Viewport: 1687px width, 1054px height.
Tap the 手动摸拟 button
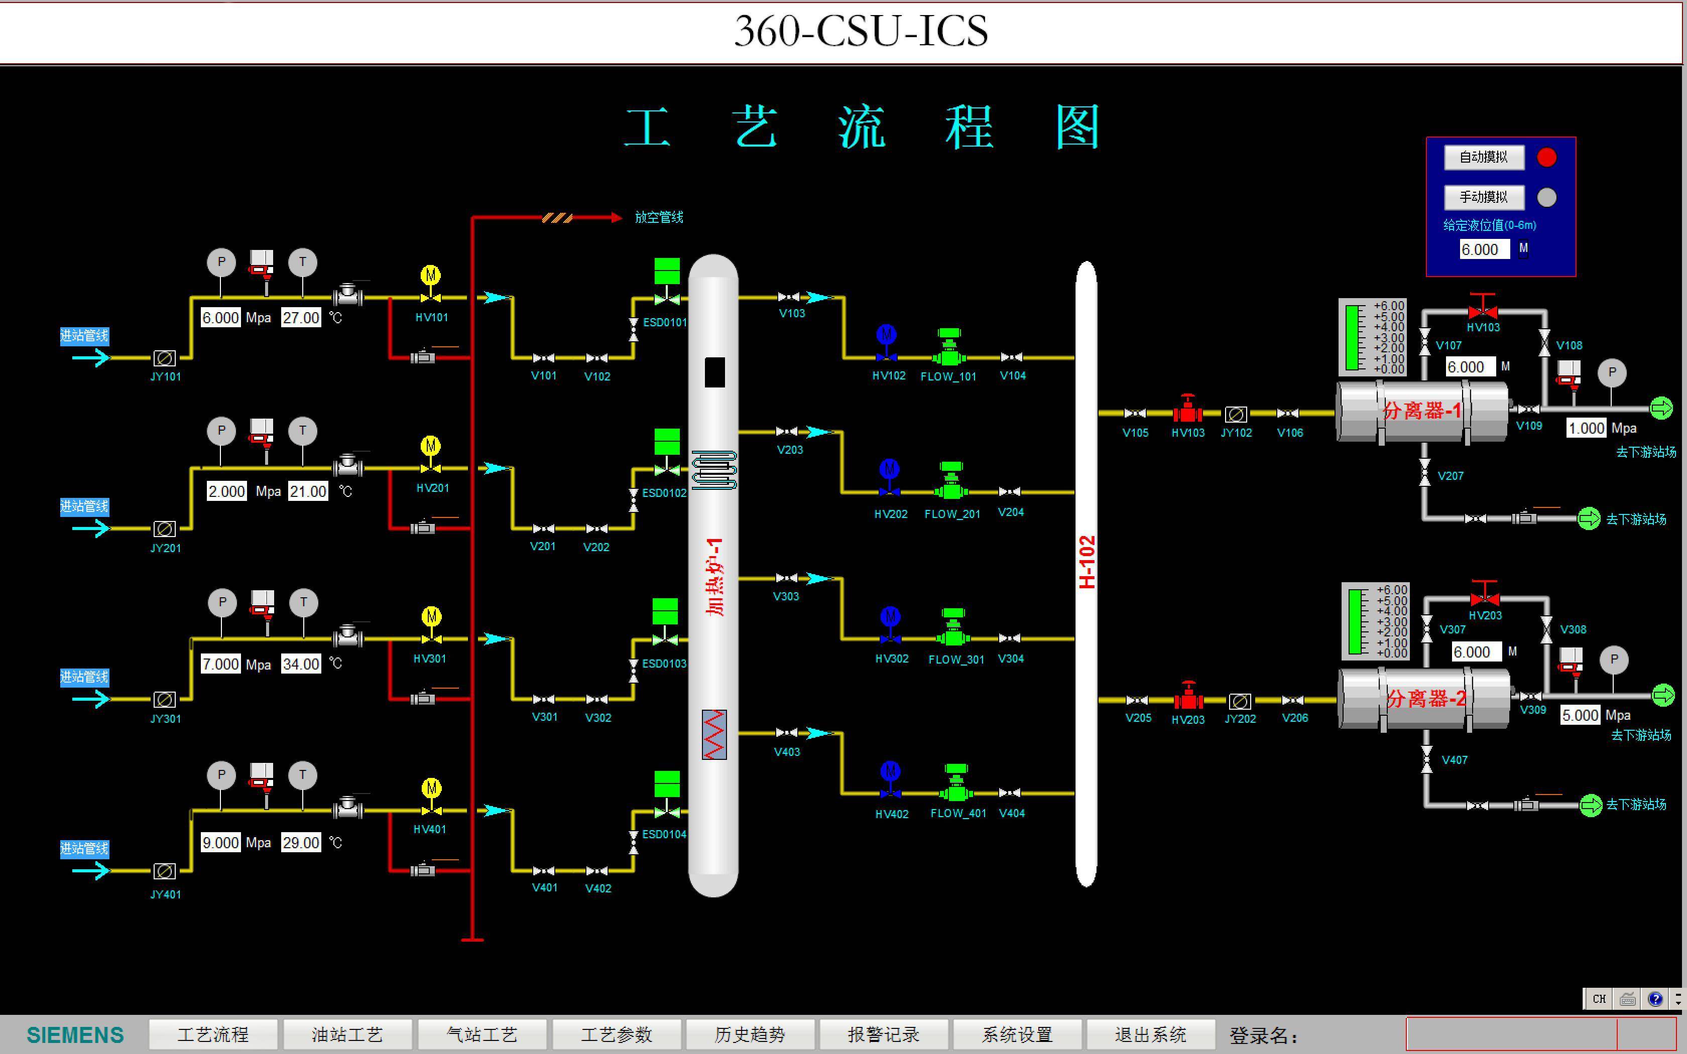[1484, 197]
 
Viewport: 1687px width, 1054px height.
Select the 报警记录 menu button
[883, 1034]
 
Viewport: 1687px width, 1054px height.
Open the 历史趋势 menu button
[750, 1034]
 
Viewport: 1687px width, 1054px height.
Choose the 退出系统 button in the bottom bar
[1150, 1034]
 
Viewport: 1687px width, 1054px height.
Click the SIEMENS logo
[75, 1034]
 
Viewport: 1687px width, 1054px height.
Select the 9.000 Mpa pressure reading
[220, 843]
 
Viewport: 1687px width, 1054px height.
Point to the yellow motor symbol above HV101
[431, 276]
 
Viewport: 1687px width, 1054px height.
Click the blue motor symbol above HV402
[890, 771]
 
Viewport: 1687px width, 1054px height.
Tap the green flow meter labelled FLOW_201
[951, 482]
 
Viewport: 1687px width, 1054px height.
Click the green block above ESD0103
[665, 611]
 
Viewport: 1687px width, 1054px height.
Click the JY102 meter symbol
[1236, 415]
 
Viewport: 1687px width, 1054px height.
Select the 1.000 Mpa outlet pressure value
[1586, 428]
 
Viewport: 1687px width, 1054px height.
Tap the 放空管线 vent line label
[659, 217]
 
